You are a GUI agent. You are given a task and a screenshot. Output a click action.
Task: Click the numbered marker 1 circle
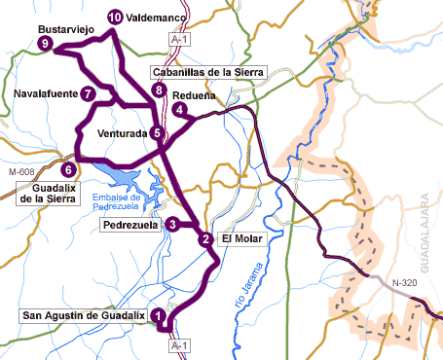point(158,315)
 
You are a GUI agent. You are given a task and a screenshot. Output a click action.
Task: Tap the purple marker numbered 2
point(205,239)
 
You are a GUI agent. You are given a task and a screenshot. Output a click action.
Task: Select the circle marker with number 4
point(180,110)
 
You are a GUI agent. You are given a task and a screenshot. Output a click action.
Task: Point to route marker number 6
point(66,169)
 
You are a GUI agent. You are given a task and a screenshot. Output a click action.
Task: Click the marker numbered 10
point(116,17)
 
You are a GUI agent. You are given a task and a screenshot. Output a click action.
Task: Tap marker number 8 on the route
point(159,90)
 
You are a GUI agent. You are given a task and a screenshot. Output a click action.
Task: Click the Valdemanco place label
point(162,17)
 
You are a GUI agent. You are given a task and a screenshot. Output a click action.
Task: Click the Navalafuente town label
point(46,94)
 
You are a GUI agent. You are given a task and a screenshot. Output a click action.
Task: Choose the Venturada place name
point(123,133)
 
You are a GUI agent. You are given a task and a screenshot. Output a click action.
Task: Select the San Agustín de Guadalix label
point(83,316)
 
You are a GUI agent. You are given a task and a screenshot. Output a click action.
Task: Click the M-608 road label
point(20,172)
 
